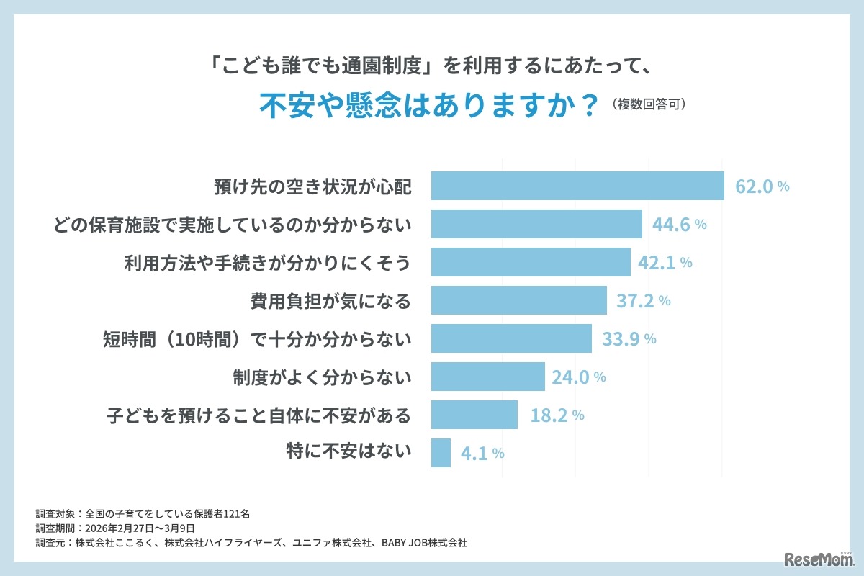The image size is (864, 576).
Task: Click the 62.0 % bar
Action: [577, 186]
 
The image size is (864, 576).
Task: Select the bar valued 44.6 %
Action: [536, 224]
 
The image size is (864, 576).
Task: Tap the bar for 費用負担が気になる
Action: [518, 300]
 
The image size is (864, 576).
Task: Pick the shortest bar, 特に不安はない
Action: [441, 453]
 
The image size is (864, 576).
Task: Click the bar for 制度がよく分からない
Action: [487, 377]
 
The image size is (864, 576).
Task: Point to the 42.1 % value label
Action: [665, 263]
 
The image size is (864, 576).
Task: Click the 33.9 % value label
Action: [628, 339]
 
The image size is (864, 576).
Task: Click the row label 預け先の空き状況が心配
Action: [312, 186]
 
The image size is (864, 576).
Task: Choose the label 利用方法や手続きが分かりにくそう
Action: [267, 263]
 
